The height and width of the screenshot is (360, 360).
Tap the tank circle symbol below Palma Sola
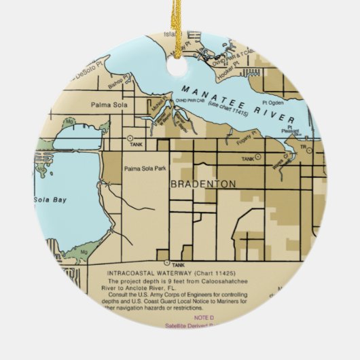[x=130, y=139]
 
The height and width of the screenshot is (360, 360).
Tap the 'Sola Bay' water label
[x=46, y=200]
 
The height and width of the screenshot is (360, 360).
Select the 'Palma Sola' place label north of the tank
[x=107, y=105]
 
